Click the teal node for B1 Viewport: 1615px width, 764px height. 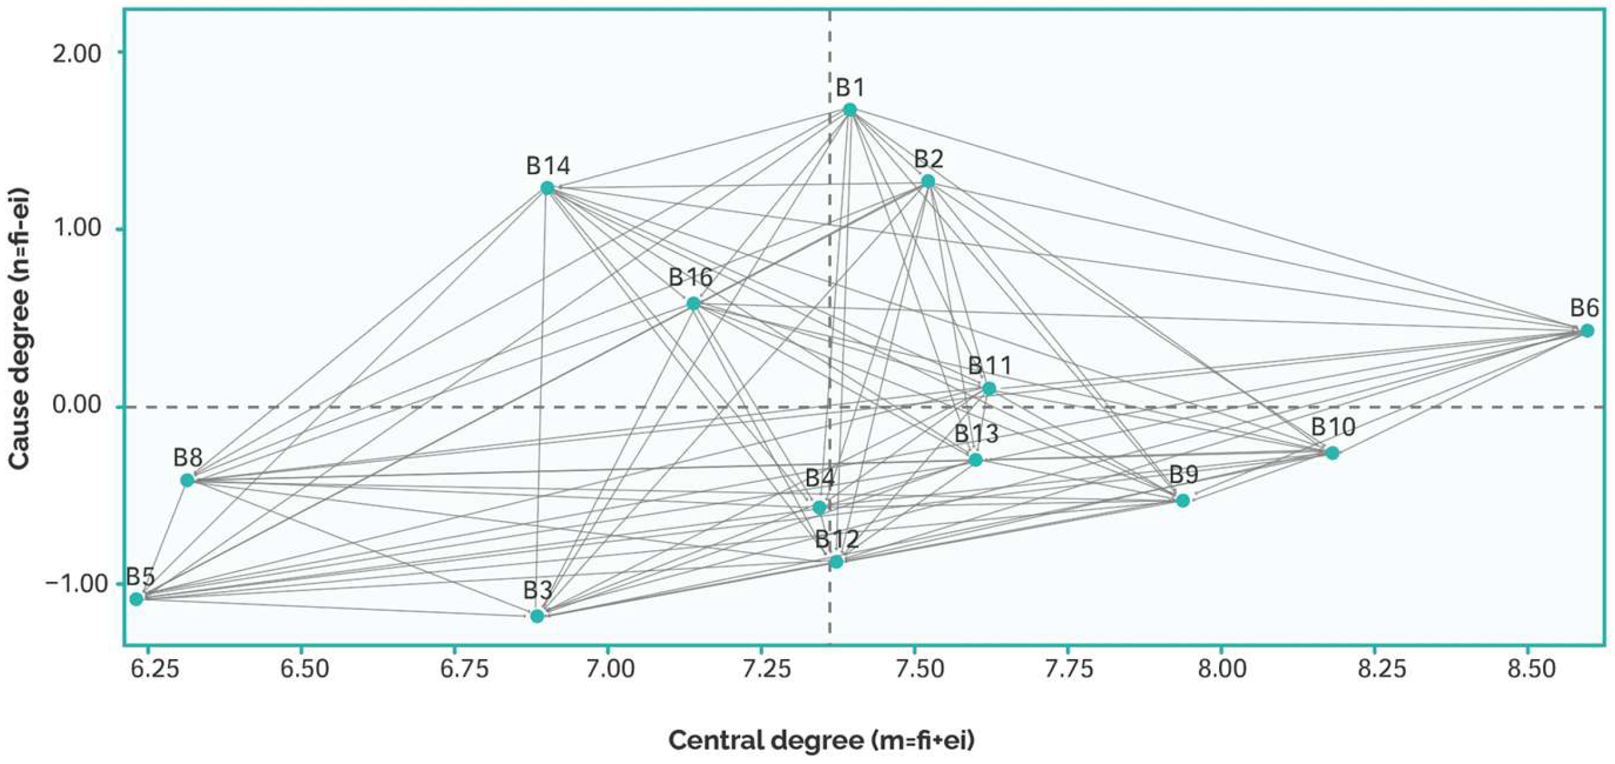(x=849, y=110)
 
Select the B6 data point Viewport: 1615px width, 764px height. (x=1599, y=330)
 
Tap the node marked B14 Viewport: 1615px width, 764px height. (x=547, y=188)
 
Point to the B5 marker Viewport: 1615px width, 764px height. (x=136, y=599)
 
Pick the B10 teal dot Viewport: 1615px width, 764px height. (x=1332, y=453)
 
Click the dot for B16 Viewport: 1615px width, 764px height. (x=693, y=304)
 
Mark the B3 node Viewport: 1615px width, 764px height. (x=536, y=615)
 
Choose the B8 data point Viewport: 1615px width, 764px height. (x=187, y=480)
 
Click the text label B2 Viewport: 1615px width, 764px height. (x=929, y=159)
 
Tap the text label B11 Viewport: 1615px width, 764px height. (x=989, y=365)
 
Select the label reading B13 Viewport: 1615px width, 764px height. (x=976, y=434)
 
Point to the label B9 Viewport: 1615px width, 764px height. (x=1183, y=475)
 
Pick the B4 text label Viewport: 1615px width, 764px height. (x=819, y=479)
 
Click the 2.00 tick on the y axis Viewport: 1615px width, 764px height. (x=76, y=53)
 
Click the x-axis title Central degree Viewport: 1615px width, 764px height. (x=821, y=741)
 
